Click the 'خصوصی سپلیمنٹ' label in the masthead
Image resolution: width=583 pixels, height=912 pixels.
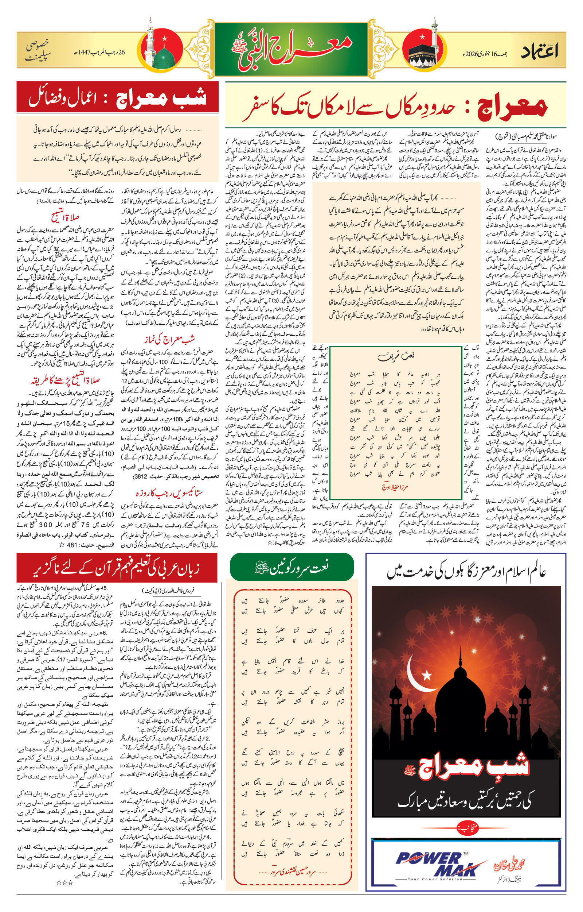pos(38,52)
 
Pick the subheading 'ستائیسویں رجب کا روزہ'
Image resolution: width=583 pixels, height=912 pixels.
pos(169,493)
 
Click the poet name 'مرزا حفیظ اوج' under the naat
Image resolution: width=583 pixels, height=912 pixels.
pos(395,487)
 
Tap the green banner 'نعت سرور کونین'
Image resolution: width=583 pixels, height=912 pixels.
pos(292,567)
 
